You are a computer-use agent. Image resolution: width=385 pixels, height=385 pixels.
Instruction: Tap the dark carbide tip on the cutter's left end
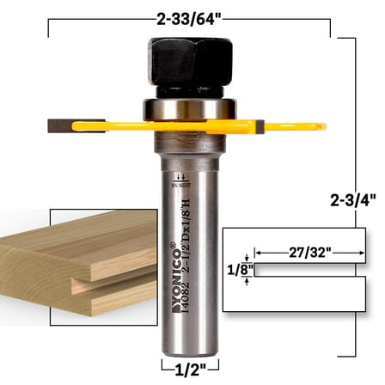pyautogui.click(x=56, y=126)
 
